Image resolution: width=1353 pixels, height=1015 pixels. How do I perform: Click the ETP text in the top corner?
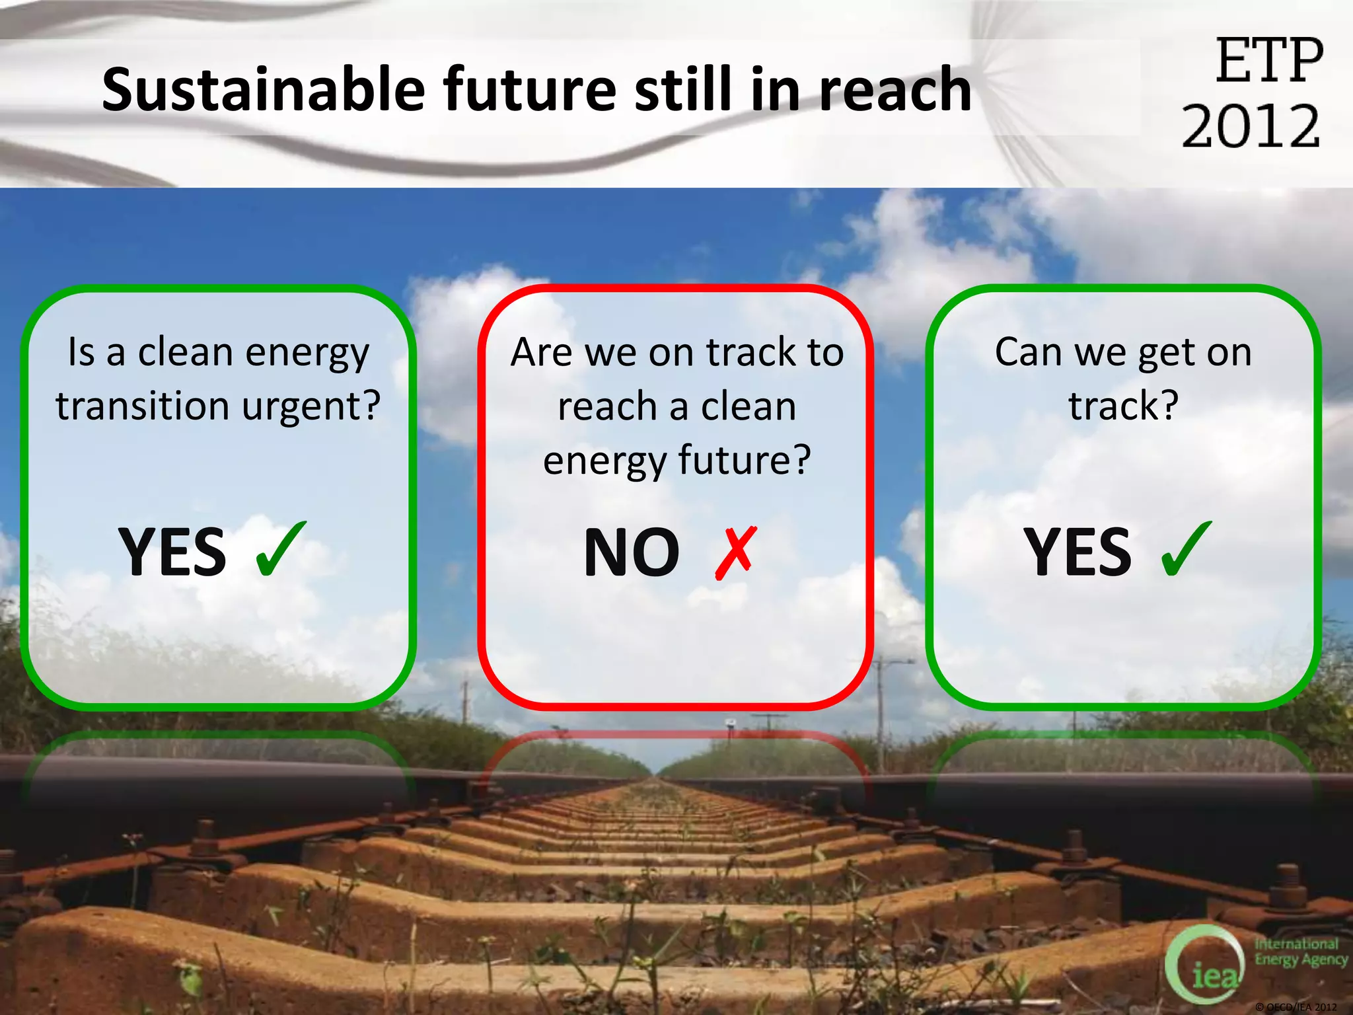click(1269, 61)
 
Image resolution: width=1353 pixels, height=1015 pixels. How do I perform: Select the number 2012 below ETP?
click(1251, 126)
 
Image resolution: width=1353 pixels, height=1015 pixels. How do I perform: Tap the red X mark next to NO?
click(735, 552)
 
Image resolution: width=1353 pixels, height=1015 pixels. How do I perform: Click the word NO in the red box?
click(632, 552)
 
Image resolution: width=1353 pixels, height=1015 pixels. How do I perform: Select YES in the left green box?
click(172, 552)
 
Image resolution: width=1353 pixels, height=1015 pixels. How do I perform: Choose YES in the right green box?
click(1078, 552)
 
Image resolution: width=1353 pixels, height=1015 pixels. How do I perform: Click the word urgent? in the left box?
click(311, 406)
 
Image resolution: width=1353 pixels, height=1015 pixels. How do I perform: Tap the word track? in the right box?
click(1123, 406)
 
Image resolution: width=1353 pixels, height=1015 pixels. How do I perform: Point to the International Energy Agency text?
click(1299, 952)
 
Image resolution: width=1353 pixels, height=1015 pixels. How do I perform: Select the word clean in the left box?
click(186, 352)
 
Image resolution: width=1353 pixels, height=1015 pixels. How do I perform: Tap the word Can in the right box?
click(1028, 352)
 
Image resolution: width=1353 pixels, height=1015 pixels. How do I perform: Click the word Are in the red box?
click(542, 352)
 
